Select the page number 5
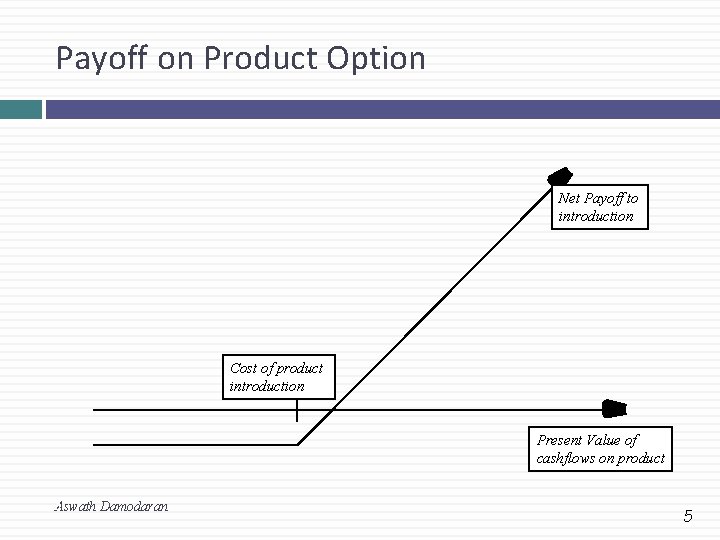click(x=687, y=516)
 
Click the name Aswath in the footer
click(x=76, y=507)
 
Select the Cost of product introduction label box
click(x=277, y=377)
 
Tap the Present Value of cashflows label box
click(x=600, y=449)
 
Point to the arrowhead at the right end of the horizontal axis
click(x=613, y=408)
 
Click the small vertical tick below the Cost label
click(x=297, y=411)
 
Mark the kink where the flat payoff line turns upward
click(x=299, y=444)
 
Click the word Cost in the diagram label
click(x=243, y=368)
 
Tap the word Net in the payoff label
click(x=568, y=198)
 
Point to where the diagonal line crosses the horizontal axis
click(x=333, y=409)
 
